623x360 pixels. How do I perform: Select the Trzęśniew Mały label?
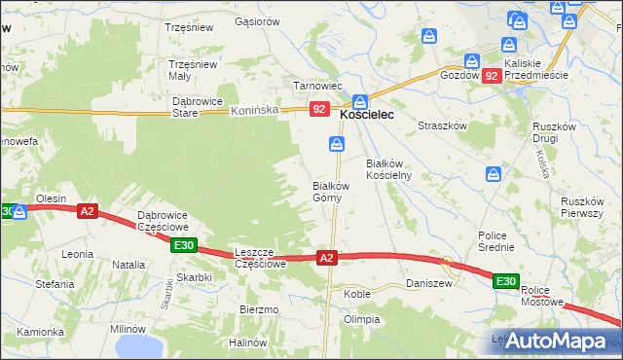[x=192, y=70]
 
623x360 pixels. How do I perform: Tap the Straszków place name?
[x=443, y=126]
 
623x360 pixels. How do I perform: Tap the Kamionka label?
[x=40, y=332]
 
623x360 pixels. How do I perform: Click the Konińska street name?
[x=255, y=111]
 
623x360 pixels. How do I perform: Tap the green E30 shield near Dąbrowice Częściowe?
[x=185, y=246]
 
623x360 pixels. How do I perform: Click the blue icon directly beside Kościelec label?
[x=360, y=100]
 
